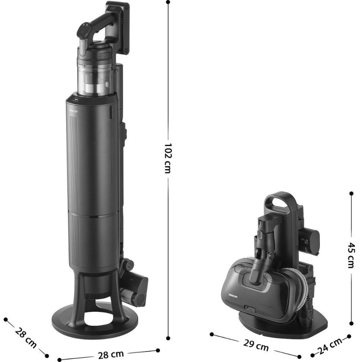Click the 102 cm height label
point(168,158)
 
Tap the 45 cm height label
point(351,255)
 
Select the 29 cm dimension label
point(256,345)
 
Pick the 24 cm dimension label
point(331,346)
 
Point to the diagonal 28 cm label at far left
point(26,337)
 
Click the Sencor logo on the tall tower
point(74,111)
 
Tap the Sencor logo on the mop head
point(233,296)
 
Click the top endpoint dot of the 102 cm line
point(168,2)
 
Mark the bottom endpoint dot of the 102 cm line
point(168,338)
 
